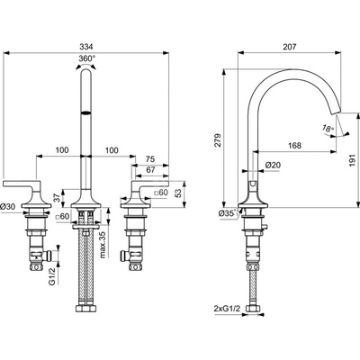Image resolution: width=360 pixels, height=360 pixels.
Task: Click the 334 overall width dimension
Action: tap(86, 47)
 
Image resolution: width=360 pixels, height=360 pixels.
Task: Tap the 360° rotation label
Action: tap(87, 58)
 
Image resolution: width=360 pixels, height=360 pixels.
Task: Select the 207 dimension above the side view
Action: tap(289, 47)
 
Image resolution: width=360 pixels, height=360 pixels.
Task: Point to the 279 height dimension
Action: tap(218, 139)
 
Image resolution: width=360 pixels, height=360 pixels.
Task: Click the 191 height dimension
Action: tap(352, 160)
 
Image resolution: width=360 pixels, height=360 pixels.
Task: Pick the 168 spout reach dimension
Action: tap(294, 146)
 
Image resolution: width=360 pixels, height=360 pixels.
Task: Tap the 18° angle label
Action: tap(328, 128)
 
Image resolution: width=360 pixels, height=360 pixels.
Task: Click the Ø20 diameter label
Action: tap(273, 165)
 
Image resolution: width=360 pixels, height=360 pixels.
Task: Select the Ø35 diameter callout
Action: tap(227, 213)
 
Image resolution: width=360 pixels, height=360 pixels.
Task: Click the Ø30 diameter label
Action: tap(7, 206)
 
